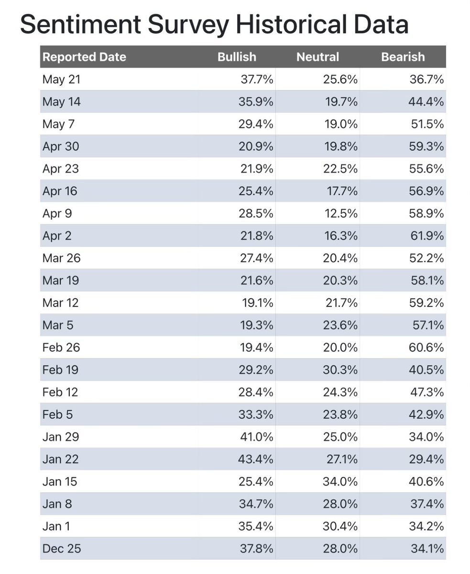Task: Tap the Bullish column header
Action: (x=237, y=57)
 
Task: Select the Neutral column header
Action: (x=317, y=57)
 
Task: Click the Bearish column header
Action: (x=403, y=57)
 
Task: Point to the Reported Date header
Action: (x=84, y=57)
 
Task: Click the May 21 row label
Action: (x=61, y=79)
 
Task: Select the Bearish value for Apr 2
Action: (x=427, y=236)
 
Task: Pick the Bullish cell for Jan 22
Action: (x=255, y=459)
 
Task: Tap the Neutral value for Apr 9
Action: (x=341, y=214)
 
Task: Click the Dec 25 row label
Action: (x=61, y=548)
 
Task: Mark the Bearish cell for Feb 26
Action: (x=426, y=348)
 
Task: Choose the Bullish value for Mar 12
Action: (x=257, y=303)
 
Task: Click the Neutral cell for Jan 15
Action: (x=340, y=482)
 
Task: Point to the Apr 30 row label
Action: (x=61, y=146)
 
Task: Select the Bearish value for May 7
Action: (x=427, y=124)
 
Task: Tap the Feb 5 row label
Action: (x=57, y=415)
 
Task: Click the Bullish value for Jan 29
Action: (x=257, y=437)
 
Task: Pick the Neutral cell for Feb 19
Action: (x=340, y=370)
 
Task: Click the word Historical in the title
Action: (x=291, y=24)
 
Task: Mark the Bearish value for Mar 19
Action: (x=427, y=281)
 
